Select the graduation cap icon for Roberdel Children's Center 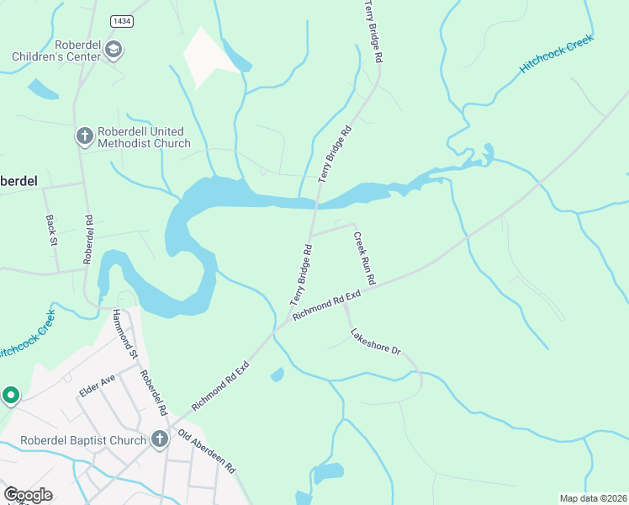tap(113, 51)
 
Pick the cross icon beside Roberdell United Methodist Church tap(84, 136)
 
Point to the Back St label tap(50, 230)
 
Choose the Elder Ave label tap(96, 385)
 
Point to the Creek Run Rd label tap(363, 257)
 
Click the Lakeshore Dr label tap(376, 340)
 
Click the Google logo tap(27, 494)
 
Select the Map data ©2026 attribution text tap(593, 498)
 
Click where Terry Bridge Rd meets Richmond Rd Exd tap(290, 319)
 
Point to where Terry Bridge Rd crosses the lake tap(317, 200)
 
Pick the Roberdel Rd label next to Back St tap(88, 240)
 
